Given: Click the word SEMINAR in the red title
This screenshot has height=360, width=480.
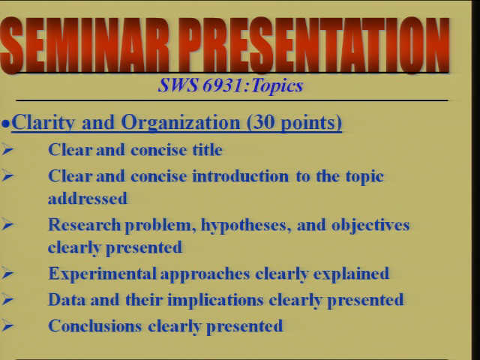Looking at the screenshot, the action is pyautogui.click(x=85, y=45).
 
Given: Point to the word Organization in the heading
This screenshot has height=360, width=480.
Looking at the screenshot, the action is pyautogui.click(x=181, y=122).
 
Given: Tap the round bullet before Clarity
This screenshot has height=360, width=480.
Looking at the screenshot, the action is pyautogui.click(x=5, y=124).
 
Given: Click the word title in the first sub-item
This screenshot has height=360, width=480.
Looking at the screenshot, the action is pyautogui.click(x=207, y=150).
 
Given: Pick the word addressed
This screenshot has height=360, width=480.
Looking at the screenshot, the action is pyautogui.click(x=88, y=199).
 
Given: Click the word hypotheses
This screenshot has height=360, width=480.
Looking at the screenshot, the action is pyautogui.click(x=244, y=226).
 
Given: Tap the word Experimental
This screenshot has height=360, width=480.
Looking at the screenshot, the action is pyautogui.click(x=102, y=274).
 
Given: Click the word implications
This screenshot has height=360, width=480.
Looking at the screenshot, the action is pyautogui.click(x=215, y=300).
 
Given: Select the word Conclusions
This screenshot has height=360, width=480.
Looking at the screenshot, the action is pyautogui.click(x=95, y=326).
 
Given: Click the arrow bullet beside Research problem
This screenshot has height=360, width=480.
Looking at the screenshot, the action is pyautogui.click(x=7, y=225).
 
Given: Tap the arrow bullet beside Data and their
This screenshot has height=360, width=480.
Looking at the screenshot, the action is pyautogui.click(x=7, y=300).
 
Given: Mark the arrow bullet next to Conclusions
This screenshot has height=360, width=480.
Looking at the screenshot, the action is pyautogui.click(x=7, y=326).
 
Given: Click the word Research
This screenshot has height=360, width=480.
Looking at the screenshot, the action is pyautogui.click(x=85, y=225).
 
